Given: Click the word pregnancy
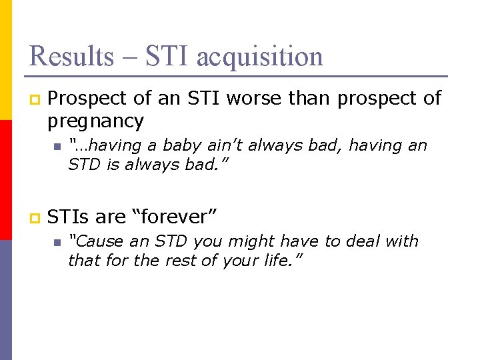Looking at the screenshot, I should (95, 121).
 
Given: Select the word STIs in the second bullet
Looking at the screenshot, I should (69, 217).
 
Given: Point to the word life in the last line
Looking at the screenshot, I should (283, 260).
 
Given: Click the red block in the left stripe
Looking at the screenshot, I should (6, 180).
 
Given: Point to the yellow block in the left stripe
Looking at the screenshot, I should (6, 60).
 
